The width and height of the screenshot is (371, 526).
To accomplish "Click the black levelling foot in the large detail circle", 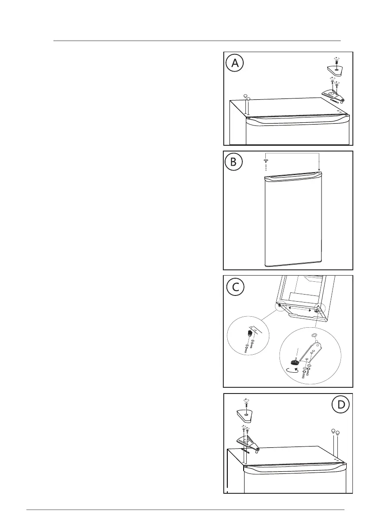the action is point(293,362).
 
